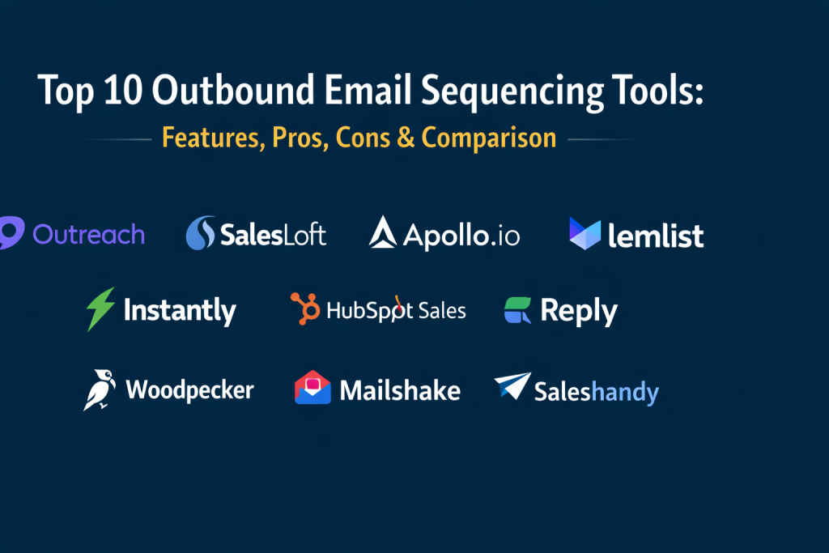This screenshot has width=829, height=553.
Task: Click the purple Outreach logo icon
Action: coord(11,232)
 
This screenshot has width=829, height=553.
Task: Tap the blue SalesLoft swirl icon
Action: coord(201,232)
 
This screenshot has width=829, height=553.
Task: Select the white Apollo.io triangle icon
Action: coord(383,232)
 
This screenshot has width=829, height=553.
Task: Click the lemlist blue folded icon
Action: coord(585,233)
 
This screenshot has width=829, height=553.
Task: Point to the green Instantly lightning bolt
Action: coord(100,309)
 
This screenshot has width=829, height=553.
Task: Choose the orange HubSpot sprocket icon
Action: coord(305,308)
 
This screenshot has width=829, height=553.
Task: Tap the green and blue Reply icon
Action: coord(517,310)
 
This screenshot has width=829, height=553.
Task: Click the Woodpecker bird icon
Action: coord(100,390)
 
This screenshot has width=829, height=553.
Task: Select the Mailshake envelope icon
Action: coord(312,388)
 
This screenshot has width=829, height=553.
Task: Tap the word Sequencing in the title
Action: coord(512,92)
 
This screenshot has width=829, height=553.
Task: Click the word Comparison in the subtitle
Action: coord(488,138)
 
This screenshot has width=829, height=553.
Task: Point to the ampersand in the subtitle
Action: coord(406,137)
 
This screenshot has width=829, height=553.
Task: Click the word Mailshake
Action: coord(400,391)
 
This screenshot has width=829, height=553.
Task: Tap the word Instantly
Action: coord(180,311)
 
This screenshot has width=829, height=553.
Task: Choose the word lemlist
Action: coord(656,235)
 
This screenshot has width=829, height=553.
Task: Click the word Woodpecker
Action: coord(189,390)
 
